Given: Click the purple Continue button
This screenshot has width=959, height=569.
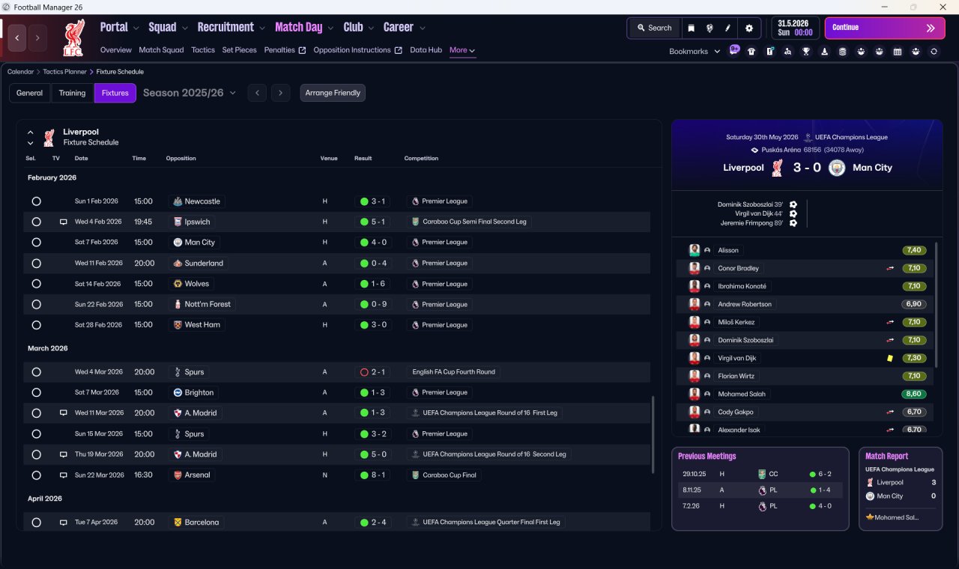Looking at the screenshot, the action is point(885,28).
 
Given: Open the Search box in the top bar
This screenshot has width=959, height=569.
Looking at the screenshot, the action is point(654,28).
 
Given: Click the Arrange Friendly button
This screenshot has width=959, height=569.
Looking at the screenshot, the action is point(333,93).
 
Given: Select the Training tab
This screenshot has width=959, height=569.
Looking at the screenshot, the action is point(72,93).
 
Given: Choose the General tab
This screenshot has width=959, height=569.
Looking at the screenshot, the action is point(29,93).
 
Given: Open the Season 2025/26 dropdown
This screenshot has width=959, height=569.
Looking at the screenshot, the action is point(190,93).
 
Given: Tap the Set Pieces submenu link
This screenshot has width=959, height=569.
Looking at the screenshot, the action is point(239,50).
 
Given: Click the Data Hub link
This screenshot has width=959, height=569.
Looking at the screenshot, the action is point(426,50).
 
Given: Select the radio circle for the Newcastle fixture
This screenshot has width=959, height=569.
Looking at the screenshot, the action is point(37,201).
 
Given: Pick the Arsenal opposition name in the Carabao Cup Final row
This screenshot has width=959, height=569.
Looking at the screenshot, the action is point(197,475).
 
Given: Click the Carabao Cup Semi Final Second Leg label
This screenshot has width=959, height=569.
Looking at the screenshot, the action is point(474,222).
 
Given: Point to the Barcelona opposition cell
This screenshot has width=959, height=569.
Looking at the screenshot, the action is point(196,522).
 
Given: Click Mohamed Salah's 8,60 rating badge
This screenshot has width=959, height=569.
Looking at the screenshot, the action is point(913,394).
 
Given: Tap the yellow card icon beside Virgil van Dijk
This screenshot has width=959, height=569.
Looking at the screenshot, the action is point(889,358).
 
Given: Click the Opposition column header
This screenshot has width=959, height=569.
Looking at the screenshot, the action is point(181,158).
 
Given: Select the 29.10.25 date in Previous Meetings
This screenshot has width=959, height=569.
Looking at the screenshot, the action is point(695,474).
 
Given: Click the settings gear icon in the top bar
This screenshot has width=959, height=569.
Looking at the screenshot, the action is point(748,28).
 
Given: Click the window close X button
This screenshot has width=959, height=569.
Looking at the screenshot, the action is point(943,7).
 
